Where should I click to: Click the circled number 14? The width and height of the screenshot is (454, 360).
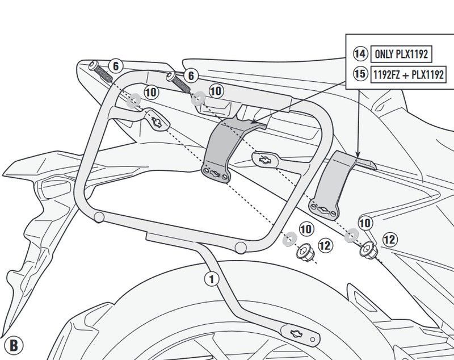coord(360,55)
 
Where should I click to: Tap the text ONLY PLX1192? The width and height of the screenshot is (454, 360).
coord(400,55)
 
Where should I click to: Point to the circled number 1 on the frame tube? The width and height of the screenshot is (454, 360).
coord(211,278)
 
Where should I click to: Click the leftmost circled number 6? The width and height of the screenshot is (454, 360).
coord(115,66)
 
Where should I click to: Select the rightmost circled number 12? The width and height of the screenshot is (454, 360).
coord(389,240)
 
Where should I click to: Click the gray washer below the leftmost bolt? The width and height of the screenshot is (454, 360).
coord(133,100)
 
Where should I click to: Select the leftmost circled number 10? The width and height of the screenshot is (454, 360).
coord(151,91)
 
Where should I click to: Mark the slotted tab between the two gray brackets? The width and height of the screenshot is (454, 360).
coord(264,160)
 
